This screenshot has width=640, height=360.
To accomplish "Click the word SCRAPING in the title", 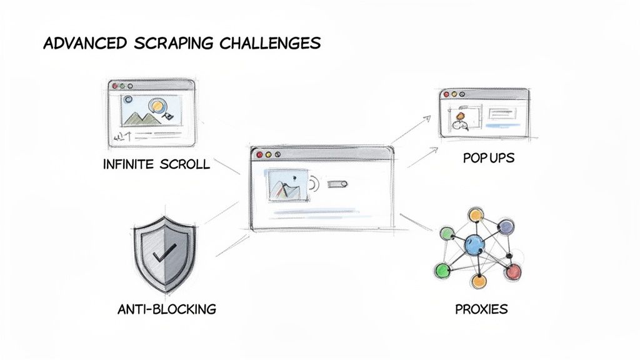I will (164, 43).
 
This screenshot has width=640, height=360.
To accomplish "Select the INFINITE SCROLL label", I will (157, 164).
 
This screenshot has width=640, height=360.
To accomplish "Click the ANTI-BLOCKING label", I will (166, 309).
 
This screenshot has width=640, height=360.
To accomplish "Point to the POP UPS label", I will (489, 158).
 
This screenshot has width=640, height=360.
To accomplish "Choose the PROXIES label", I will (482, 309).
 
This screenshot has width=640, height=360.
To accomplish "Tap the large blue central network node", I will (476, 243).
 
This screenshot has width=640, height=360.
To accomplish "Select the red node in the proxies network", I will (512, 271).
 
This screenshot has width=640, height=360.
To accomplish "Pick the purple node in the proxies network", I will (506, 226).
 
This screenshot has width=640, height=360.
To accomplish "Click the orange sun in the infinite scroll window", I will (158, 107).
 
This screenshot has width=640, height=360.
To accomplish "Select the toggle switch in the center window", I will (338, 184).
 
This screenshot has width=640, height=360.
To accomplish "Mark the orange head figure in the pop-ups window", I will (461, 116).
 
